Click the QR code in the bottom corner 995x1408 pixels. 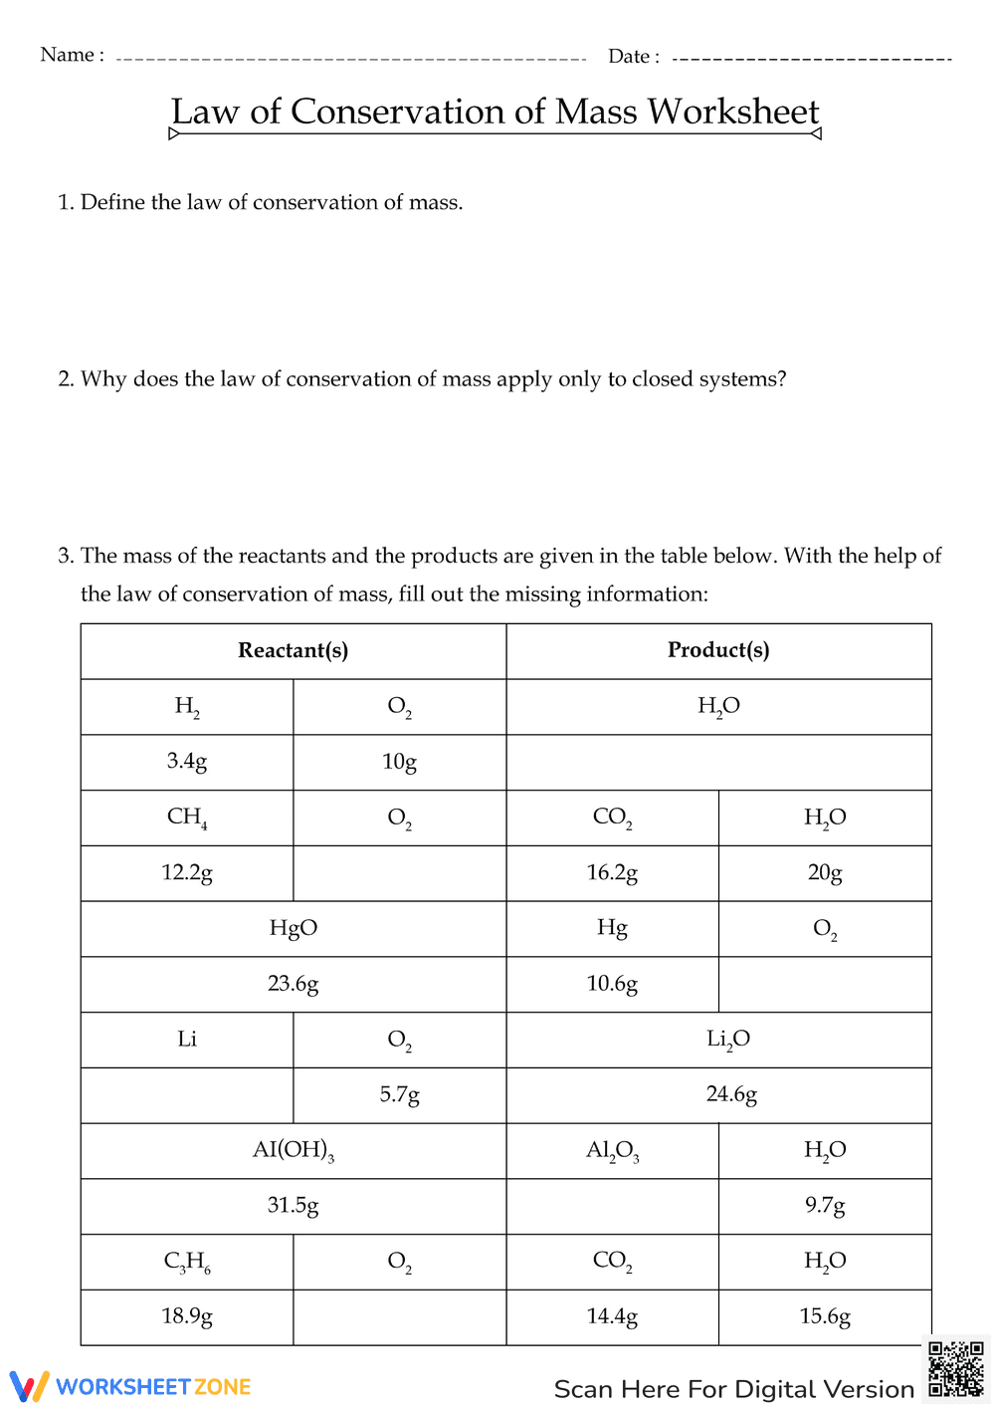[955, 1370]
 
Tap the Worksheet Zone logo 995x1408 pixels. [130, 1386]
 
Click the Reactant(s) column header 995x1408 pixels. [293, 651]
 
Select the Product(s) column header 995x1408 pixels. [718, 651]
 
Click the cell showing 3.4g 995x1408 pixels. [187, 762]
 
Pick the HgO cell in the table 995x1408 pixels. [293, 928]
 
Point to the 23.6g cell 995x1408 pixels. [293, 984]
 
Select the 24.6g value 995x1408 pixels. [731, 1094]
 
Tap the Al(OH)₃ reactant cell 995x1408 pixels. [293, 1150]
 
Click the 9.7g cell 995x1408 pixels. [825, 1206]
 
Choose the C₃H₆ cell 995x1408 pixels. [187, 1262]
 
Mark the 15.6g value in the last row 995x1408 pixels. [825, 1316]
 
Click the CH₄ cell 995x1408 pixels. [187, 818]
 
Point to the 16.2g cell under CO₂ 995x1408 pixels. [612, 873]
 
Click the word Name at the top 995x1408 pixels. [67, 55]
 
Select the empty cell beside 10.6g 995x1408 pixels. [825, 984]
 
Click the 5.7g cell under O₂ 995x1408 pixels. [399, 1094]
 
